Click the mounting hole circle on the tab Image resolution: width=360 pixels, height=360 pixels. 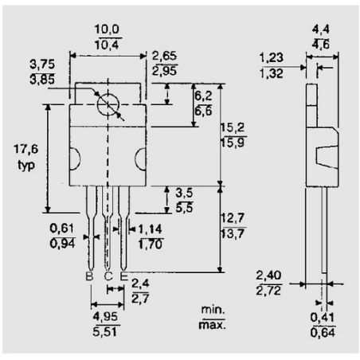tap(107, 104)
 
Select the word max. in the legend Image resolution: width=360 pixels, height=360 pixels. tap(213, 324)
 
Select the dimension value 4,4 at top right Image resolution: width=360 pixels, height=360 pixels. tap(325, 29)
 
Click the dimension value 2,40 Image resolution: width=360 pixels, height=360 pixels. tap(270, 275)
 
